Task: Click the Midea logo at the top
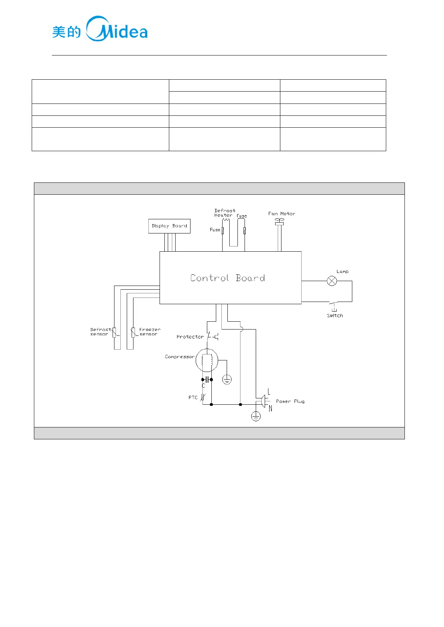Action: tap(117, 29)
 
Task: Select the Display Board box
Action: tap(169, 226)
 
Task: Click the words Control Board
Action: tap(227, 278)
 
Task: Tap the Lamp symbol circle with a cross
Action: tap(332, 281)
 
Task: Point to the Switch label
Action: tap(335, 316)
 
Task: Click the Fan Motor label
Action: tap(281, 214)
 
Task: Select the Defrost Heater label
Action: tap(224, 213)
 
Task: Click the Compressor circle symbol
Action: tap(207, 360)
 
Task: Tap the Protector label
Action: tap(190, 337)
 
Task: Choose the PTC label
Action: tap(193, 398)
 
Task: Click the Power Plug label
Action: tap(290, 401)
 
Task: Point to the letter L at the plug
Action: tap(269, 392)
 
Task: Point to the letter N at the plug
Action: tap(270, 408)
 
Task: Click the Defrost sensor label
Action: tap(100, 332)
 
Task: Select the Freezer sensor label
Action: tap(149, 332)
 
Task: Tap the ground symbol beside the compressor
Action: tap(227, 379)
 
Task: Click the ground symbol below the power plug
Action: tap(256, 416)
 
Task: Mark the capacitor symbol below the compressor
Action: tap(207, 380)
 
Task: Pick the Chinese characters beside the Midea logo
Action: tap(66, 32)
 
